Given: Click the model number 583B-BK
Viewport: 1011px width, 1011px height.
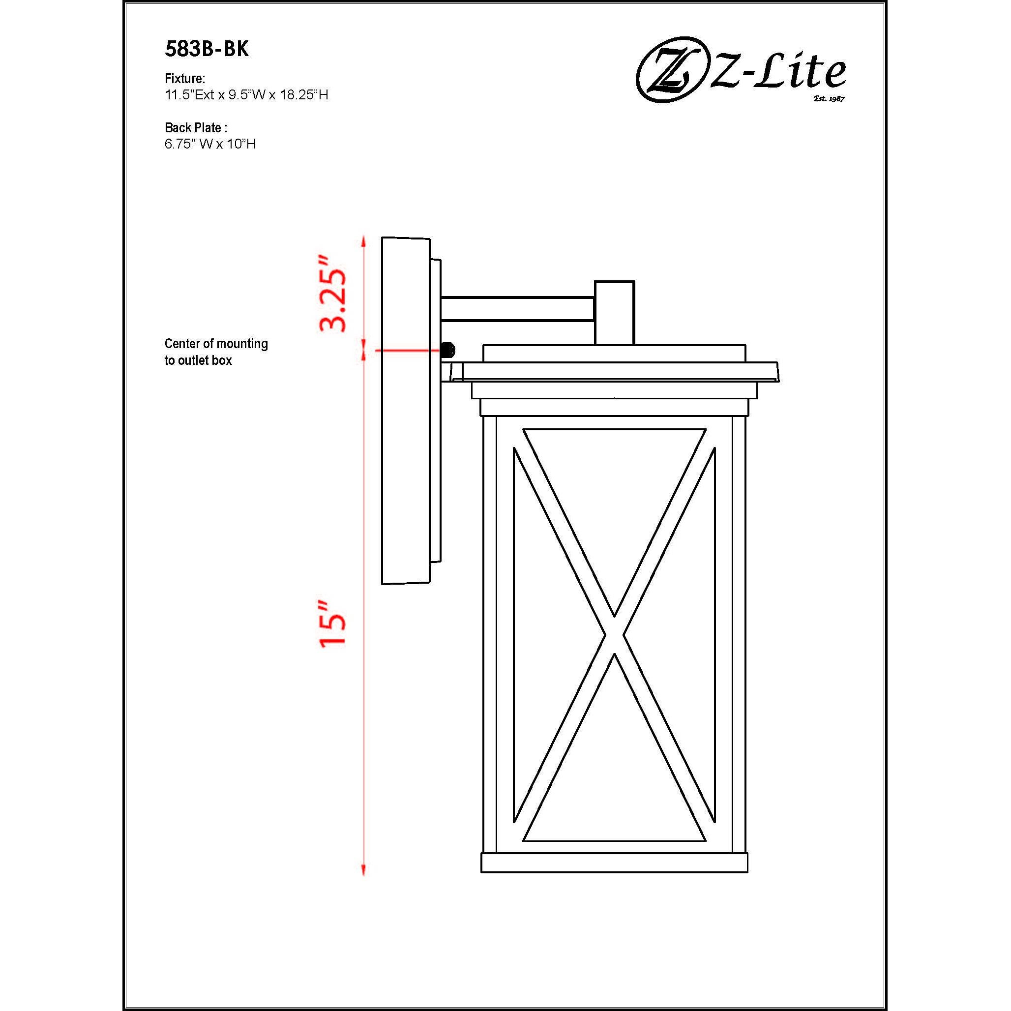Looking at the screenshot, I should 207,49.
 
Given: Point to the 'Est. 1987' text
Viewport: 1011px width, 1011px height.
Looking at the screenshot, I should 829,98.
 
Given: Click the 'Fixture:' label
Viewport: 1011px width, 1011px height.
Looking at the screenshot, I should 185,79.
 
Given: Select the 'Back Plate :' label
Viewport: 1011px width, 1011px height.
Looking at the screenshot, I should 196,127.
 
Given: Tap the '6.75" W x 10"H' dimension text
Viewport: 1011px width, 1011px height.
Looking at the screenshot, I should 210,144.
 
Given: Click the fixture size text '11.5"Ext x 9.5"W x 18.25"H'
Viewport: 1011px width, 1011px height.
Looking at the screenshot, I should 246,95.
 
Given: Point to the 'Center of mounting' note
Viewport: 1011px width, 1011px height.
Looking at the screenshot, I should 216,344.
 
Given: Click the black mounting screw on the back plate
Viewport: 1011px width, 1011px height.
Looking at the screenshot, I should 448,350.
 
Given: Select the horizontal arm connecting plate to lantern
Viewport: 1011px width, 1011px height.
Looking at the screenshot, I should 517,309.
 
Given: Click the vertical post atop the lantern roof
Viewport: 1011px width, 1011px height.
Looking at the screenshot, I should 614,312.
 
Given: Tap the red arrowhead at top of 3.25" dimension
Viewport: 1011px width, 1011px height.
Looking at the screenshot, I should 364,241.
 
